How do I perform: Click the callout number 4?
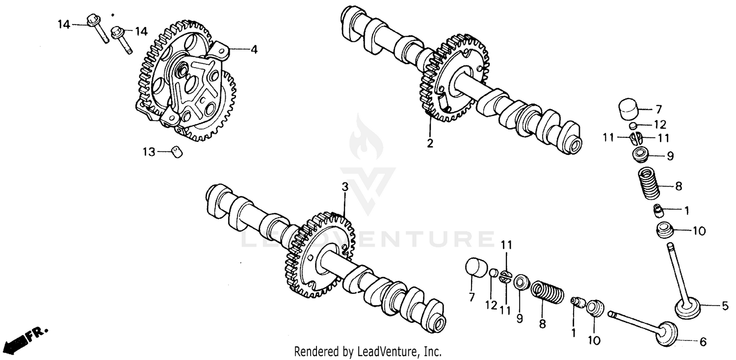(254, 50)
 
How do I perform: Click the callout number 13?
(149, 153)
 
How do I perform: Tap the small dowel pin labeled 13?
(177, 152)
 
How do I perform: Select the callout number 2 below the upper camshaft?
(430, 144)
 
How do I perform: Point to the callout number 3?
(345, 187)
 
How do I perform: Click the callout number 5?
(725, 307)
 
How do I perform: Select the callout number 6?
(703, 342)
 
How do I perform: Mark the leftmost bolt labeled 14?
(98, 28)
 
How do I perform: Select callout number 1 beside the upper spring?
(686, 211)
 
